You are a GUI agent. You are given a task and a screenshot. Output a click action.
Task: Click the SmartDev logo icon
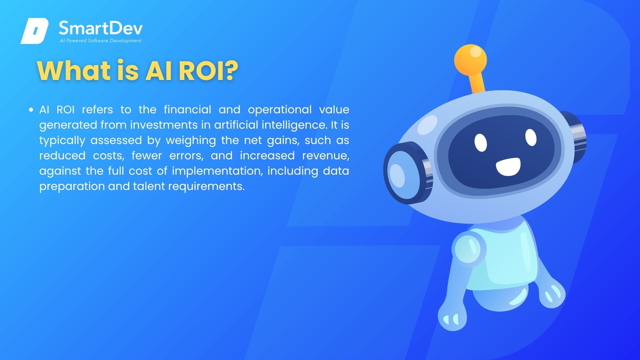tap(35, 31)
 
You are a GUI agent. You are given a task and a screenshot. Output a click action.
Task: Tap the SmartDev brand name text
tap(101, 28)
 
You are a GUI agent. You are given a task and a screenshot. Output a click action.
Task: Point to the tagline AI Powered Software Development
tap(101, 41)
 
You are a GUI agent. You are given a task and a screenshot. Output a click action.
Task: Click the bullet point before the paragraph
tap(31, 109)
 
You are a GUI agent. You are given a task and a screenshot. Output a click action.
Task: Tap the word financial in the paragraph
tap(188, 109)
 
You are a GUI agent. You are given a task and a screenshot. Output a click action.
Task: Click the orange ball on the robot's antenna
tap(470, 60)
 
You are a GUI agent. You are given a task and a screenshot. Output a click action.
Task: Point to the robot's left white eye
tap(481, 142)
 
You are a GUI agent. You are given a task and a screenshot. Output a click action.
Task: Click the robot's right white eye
tap(531, 137)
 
